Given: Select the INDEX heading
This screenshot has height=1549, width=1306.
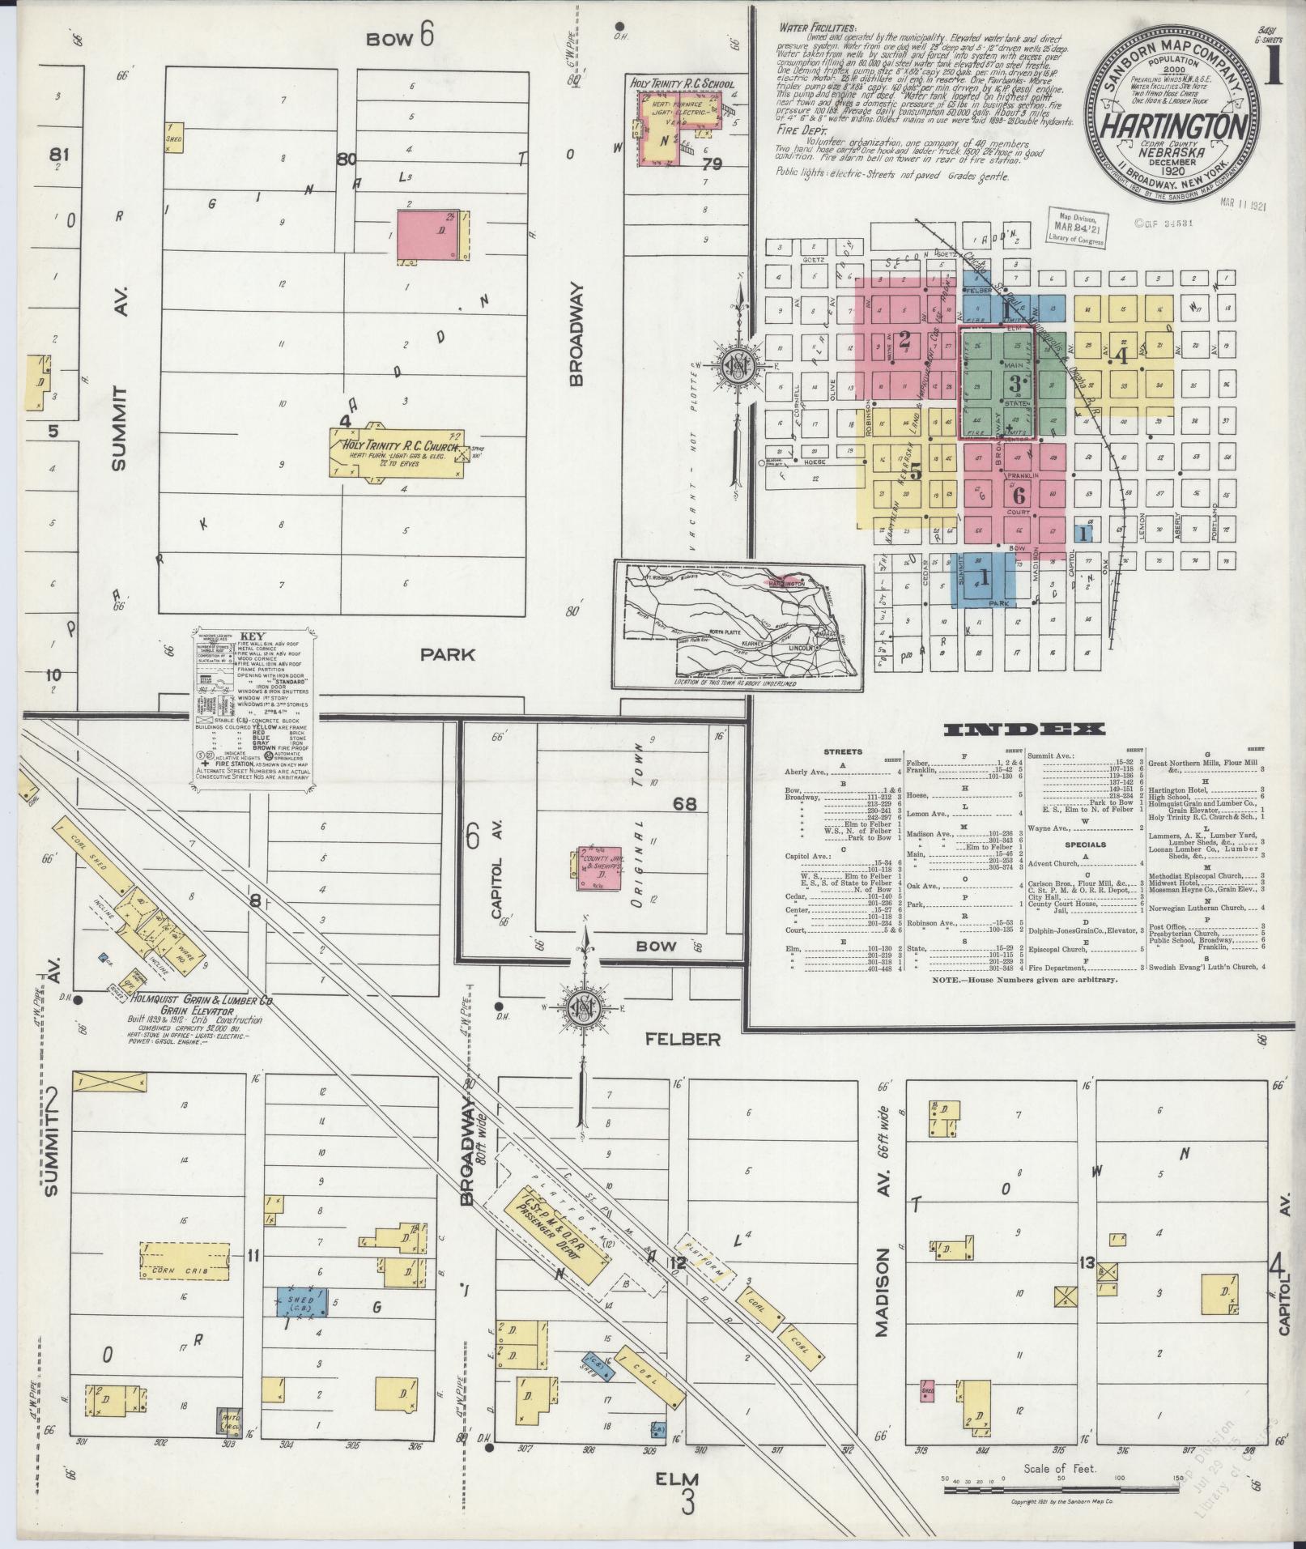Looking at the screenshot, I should coord(1024,730).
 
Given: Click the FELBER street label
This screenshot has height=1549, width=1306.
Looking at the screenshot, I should coord(683,1039).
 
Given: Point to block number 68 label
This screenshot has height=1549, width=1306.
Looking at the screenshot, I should coord(684,804).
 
